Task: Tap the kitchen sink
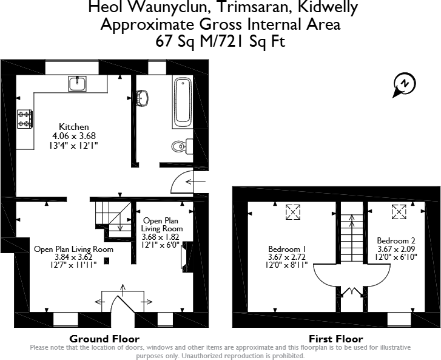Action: click(x=77, y=83)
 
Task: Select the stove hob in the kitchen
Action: click(x=25, y=118)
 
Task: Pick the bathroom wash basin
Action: click(x=143, y=98)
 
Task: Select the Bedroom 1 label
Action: click(x=288, y=249)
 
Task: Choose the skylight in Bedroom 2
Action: click(x=399, y=212)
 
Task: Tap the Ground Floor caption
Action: click(x=104, y=339)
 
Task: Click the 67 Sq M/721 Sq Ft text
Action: click(x=221, y=41)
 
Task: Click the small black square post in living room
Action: click(x=107, y=262)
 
